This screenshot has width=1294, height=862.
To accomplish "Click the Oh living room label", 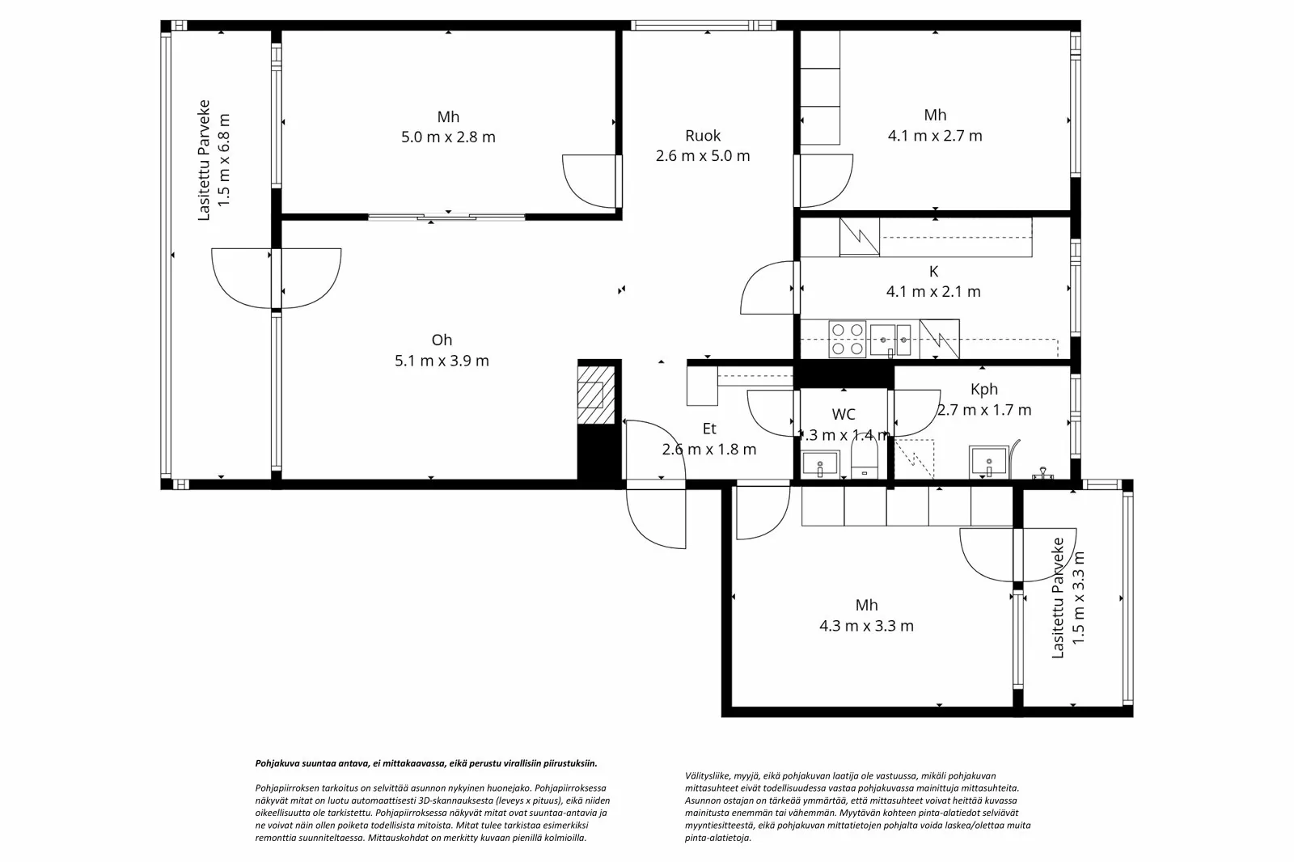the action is pyautogui.click(x=442, y=340).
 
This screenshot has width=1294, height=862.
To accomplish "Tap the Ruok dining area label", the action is pyautogui.click(x=703, y=136).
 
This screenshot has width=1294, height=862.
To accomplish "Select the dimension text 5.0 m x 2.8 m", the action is pyautogui.click(x=448, y=137).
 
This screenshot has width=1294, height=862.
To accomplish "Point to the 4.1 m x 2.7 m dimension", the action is pyautogui.click(x=935, y=136).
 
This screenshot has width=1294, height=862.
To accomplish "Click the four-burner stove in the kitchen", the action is pyautogui.click(x=848, y=339).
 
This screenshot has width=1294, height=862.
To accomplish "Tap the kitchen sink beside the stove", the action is pyautogui.click(x=890, y=340).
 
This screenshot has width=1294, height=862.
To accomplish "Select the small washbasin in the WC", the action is pyautogui.click(x=820, y=464).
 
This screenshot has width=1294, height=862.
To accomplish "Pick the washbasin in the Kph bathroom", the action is pyautogui.click(x=988, y=462).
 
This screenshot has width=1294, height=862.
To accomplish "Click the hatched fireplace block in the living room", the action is pyautogui.click(x=596, y=395).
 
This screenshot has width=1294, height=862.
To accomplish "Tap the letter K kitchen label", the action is pyautogui.click(x=933, y=271).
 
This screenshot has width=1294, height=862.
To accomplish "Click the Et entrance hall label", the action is pyautogui.click(x=708, y=429).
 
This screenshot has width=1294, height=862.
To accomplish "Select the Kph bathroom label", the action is pyautogui.click(x=983, y=390).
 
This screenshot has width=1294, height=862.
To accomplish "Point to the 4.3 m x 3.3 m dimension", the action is pyautogui.click(x=866, y=626).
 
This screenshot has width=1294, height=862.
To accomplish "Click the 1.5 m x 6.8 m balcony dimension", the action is pyautogui.click(x=223, y=160).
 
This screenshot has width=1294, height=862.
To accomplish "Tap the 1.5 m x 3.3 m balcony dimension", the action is pyautogui.click(x=1078, y=598).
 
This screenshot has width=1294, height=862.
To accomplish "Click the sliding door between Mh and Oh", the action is pyautogui.click(x=446, y=218).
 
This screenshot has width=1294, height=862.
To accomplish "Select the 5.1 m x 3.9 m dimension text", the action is pyautogui.click(x=442, y=361).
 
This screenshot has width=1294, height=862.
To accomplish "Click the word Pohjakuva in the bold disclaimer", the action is pyautogui.click(x=275, y=764).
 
